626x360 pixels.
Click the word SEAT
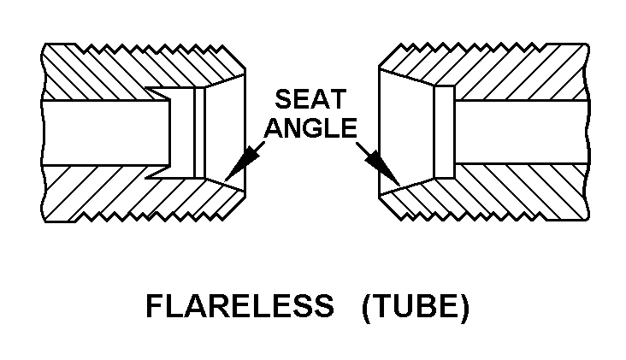pyautogui.click(x=309, y=99)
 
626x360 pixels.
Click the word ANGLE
pyautogui.click(x=309, y=127)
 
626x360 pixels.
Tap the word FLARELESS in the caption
pyautogui.click(x=239, y=307)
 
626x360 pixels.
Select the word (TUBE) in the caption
pyautogui.click(x=416, y=307)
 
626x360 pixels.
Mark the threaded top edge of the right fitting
pyautogui.click(x=487, y=44)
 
